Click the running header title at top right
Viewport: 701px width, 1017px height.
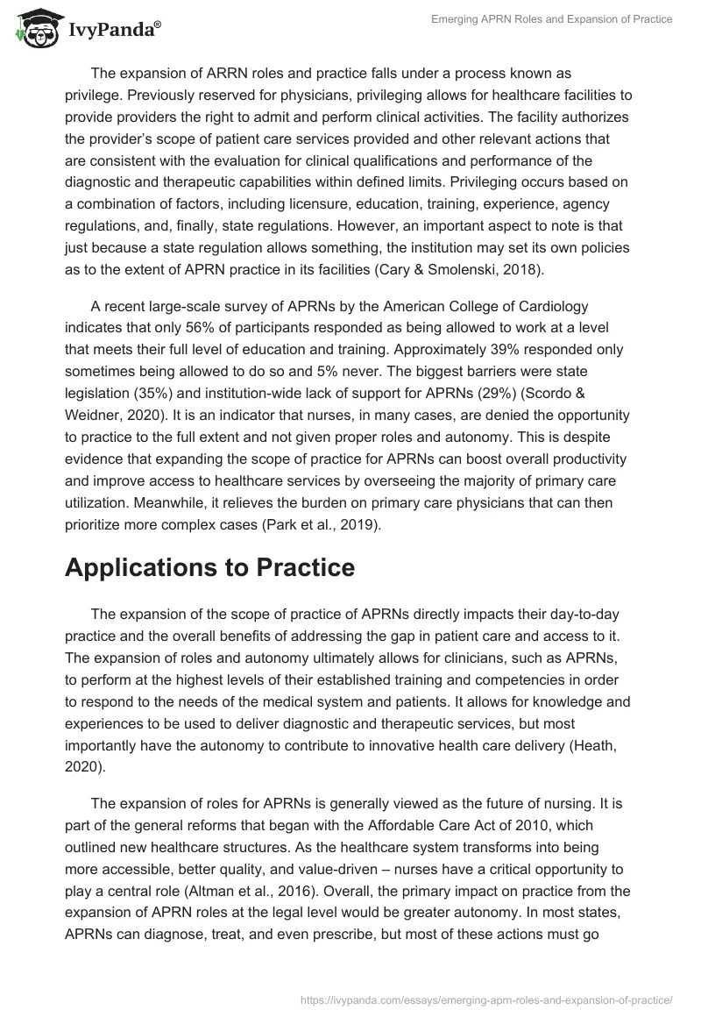(x=553, y=19)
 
